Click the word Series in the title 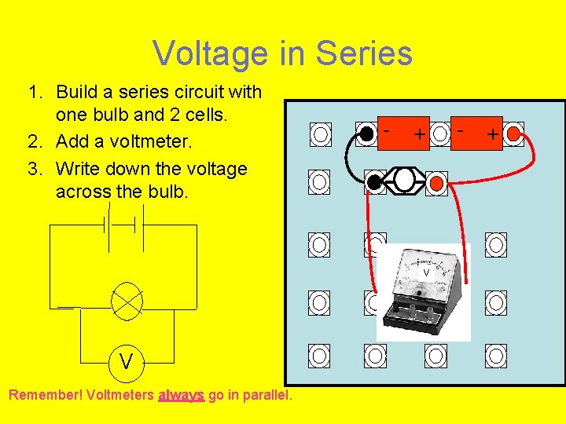[363, 54]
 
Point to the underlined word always [181, 396]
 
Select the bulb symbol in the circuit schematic [127, 300]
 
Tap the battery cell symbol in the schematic [121, 225]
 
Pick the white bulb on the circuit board [405, 181]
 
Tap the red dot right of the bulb [437, 183]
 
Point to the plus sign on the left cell [421, 134]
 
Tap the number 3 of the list [32, 169]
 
